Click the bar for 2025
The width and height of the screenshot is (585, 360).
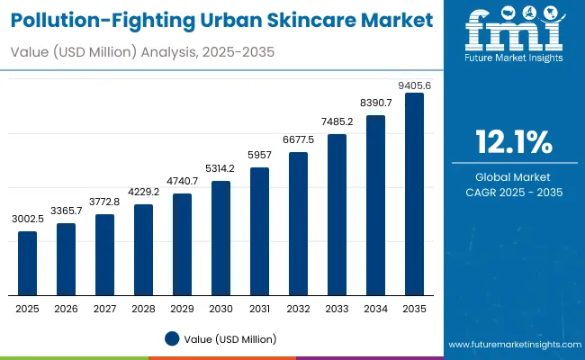point(28,263)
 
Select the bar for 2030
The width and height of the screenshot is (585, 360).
point(220,238)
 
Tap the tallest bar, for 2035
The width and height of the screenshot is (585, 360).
point(414,193)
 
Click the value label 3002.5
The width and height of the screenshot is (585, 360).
point(28,220)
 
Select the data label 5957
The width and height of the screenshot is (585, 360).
point(259,157)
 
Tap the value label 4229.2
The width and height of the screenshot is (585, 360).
point(144,193)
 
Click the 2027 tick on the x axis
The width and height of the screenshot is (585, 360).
point(105,309)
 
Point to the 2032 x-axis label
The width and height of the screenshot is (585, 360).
point(298,309)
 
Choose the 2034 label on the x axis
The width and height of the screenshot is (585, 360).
point(375,309)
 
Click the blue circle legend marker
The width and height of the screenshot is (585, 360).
point(172,338)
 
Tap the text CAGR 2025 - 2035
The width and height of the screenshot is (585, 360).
point(514,193)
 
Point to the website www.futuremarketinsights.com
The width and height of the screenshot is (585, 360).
point(512,345)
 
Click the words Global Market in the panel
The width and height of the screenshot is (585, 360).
point(514,176)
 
